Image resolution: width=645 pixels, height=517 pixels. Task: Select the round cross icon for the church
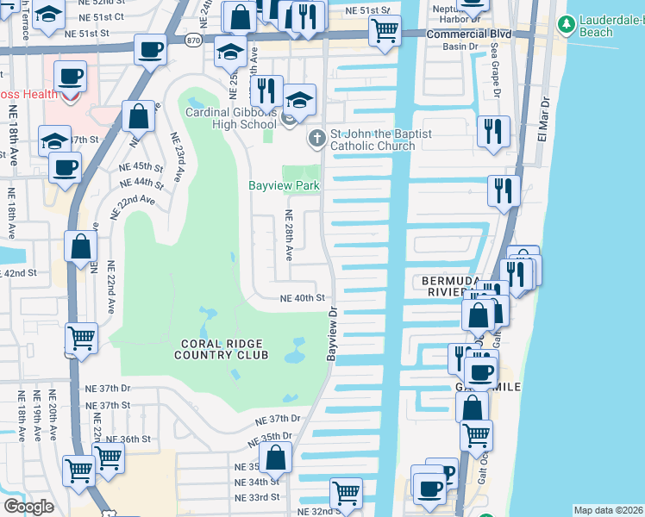317,135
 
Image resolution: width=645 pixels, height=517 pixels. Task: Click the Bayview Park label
284,185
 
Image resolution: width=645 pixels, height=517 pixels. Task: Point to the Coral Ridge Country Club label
222,349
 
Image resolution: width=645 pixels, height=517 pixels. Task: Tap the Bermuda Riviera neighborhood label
445,287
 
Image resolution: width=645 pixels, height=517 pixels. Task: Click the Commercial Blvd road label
469,34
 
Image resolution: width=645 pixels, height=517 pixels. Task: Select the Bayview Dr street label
331,336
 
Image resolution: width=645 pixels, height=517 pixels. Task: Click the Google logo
28,506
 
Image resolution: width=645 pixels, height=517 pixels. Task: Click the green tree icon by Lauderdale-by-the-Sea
567,23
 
